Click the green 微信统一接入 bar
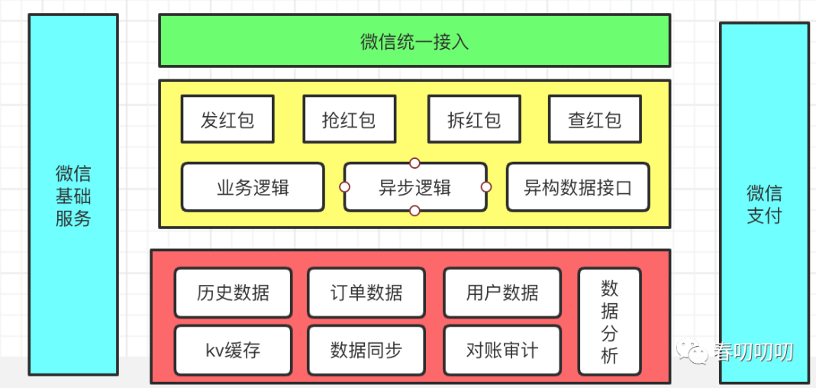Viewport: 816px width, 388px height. click(x=414, y=40)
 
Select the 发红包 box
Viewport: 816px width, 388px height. click(x=227, y=118)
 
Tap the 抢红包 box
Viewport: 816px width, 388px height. click(x=349, y=118)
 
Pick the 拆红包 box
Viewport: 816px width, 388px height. click(x=474, y=118)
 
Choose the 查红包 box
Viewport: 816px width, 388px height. click(x=595, y=118)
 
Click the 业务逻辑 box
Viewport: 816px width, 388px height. click(x=253, y=187)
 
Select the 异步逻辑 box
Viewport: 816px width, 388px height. click(x=415, y=187)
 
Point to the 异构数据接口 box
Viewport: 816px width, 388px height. click(x=578, y=187)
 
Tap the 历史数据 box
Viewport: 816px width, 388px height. click(x=233, y=293)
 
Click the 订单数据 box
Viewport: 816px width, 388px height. click(x=366, y=293)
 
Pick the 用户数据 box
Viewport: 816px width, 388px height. click(x=502, y=293)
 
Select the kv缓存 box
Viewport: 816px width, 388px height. click(x=233, y=351)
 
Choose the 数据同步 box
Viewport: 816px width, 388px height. click(x=366, y=351)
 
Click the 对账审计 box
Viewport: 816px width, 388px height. click(x=502, y=351)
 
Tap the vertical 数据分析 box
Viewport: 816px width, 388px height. click(x=609, y=322)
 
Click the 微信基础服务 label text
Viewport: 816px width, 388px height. click(x=73, y=196)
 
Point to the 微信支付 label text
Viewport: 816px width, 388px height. click(x=765, y=204)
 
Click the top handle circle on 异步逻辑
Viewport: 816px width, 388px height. click(x=414, y=163)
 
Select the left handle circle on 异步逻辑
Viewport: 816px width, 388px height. click(x=344, y=187)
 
